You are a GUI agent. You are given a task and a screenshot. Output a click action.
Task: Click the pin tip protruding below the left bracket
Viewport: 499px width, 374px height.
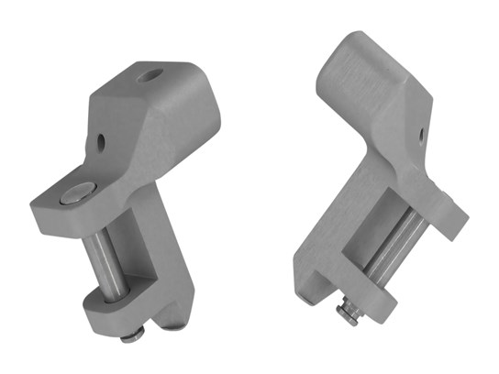(x=129, y=334)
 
